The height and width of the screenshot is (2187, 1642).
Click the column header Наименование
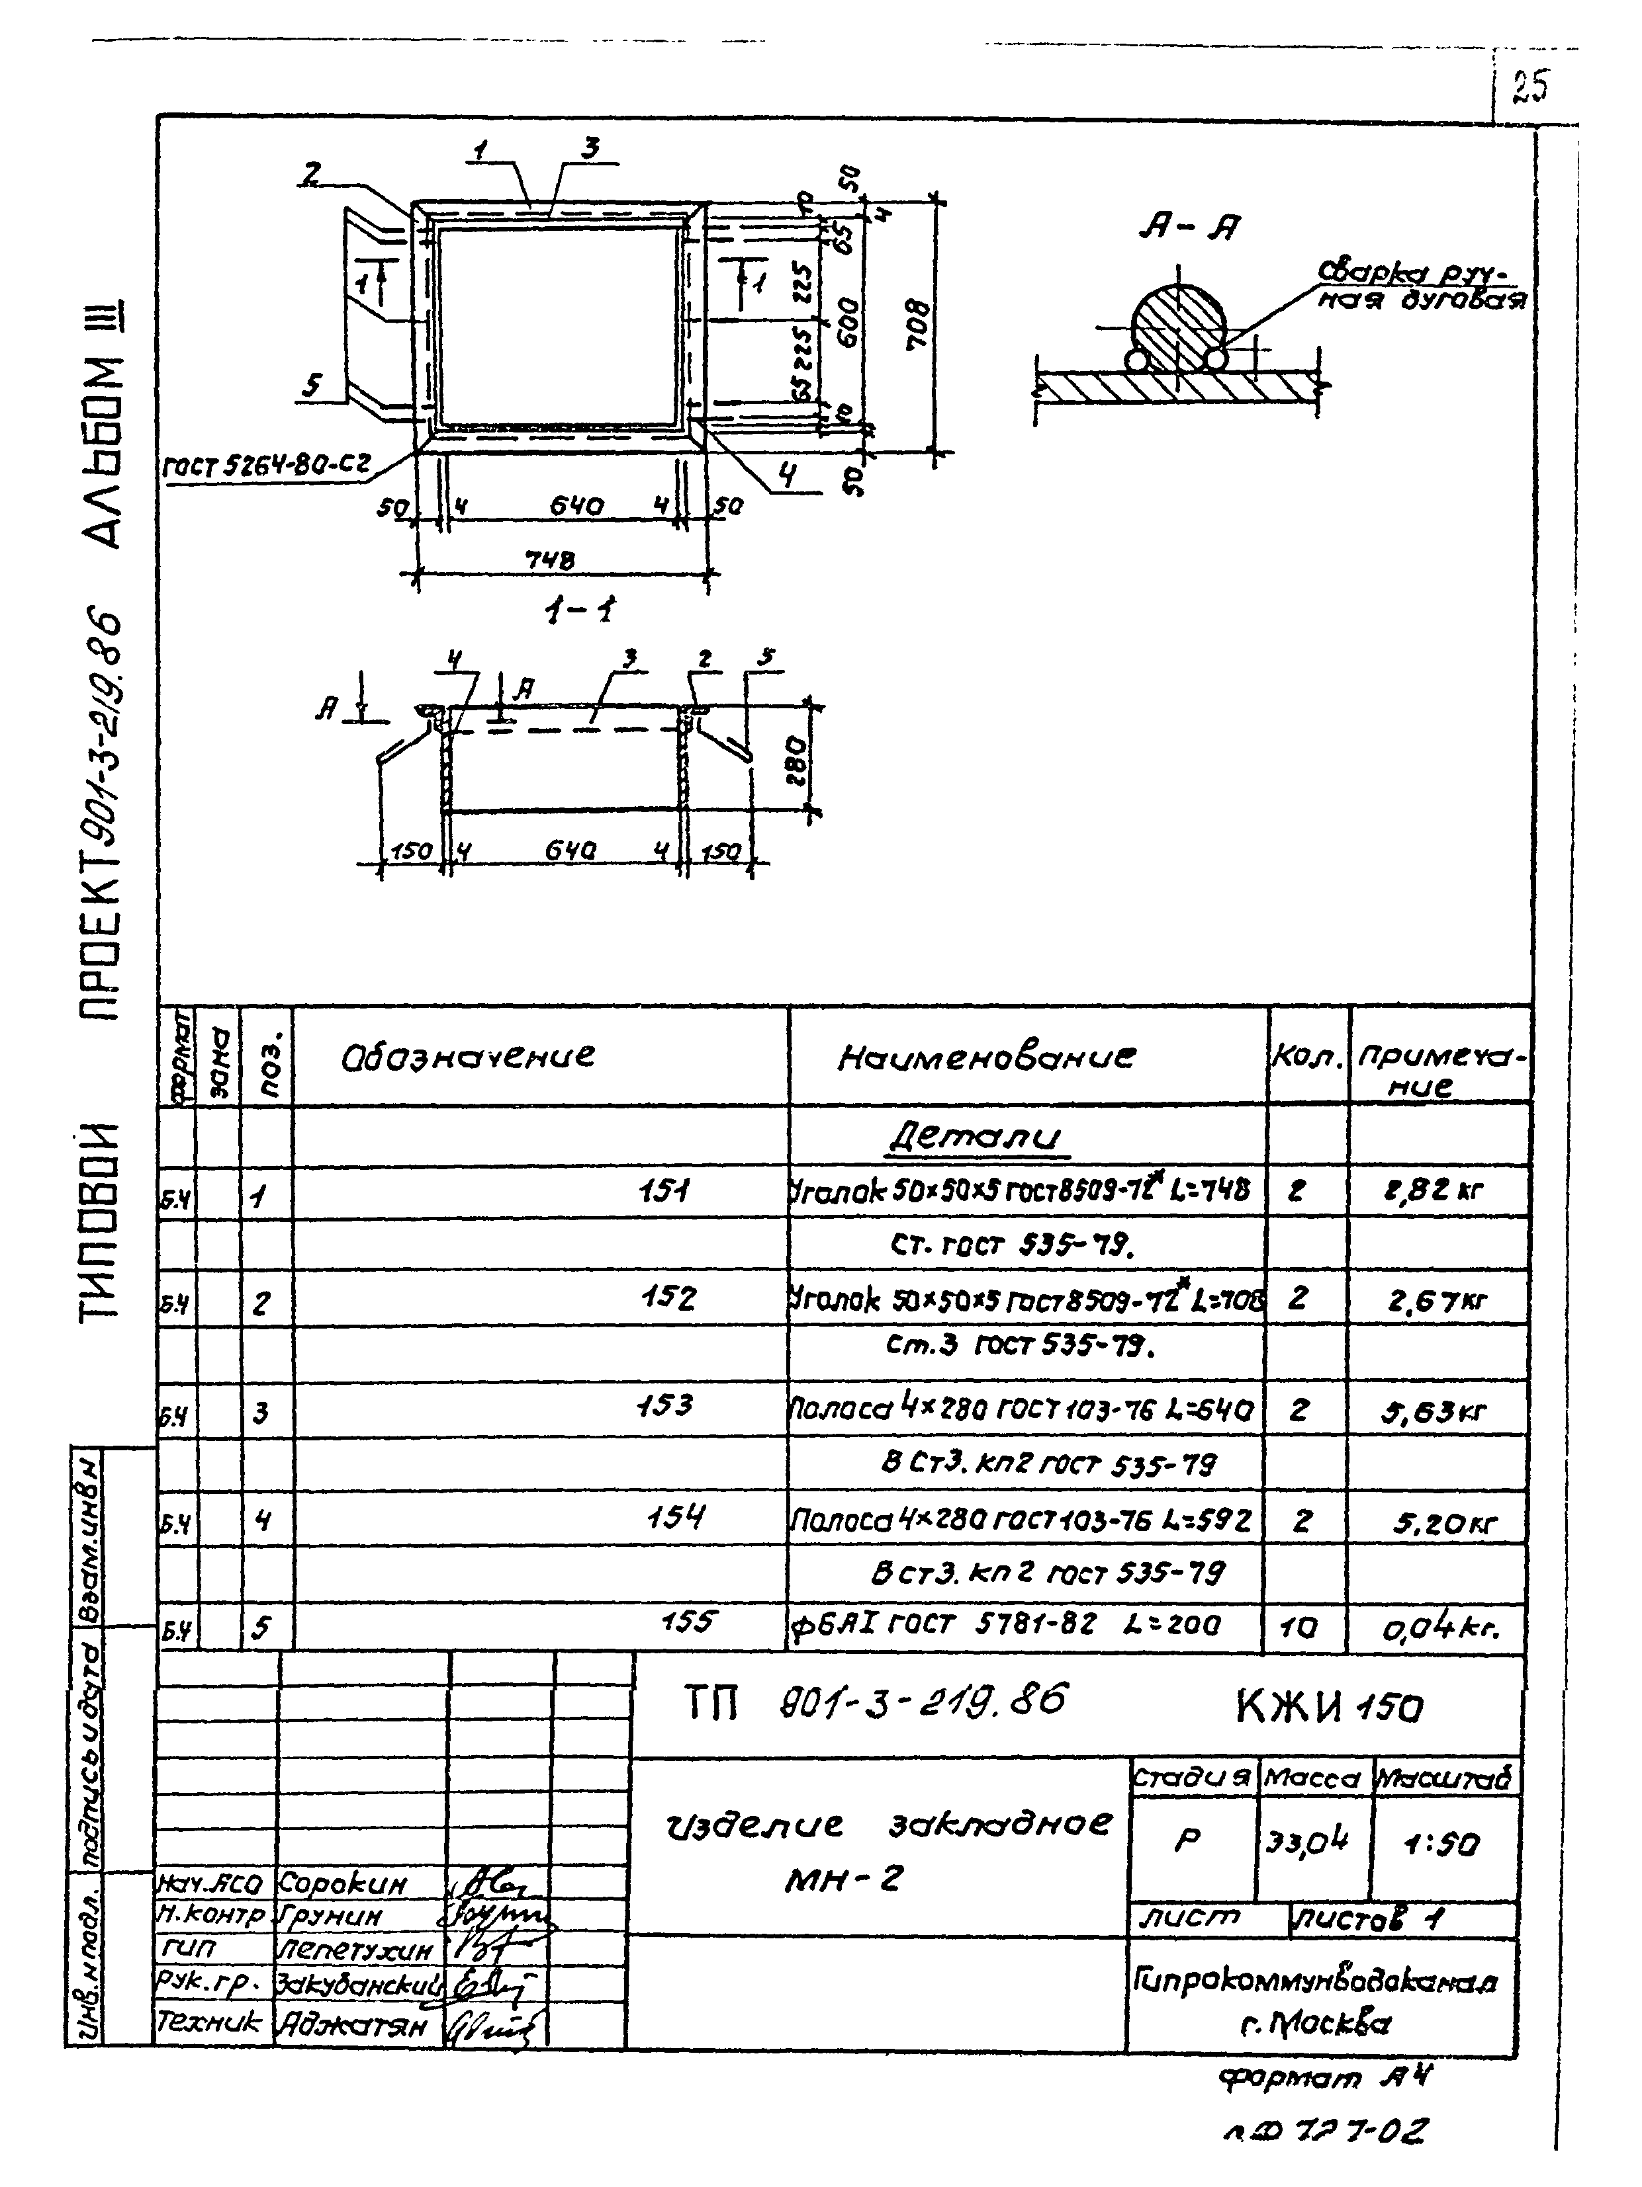pyautogui.click(x=986, y=1058)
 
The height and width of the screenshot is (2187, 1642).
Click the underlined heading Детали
pyautogui.click(x=974, y=1137)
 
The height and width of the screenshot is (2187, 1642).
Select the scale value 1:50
pyautogui.click(x=1441, y=1844)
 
